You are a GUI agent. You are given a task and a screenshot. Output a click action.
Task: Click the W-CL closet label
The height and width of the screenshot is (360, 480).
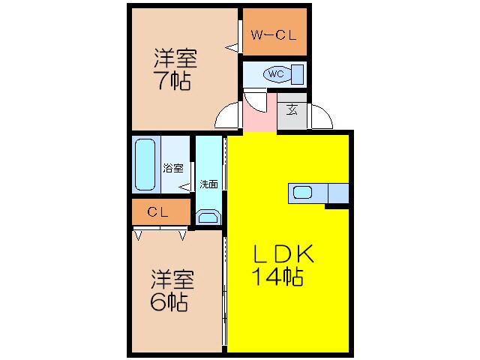tap(274, 34)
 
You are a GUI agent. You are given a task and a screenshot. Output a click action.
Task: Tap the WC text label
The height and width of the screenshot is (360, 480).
tap(275, 73)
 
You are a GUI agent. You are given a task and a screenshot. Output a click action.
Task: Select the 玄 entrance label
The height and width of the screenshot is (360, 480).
tap(292, 110)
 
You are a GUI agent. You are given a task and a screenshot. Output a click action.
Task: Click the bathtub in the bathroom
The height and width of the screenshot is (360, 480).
tap(147, 166)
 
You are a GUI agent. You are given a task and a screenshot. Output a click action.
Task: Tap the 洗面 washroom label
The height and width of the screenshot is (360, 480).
tap(208, 184)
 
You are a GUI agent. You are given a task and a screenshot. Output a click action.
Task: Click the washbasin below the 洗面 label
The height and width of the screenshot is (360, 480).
tap(208, 216)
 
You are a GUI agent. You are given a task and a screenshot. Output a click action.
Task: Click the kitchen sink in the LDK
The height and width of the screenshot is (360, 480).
tap(303, 193)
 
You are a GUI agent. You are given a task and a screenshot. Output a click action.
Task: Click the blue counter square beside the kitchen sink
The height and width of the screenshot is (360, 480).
tap(337, 193)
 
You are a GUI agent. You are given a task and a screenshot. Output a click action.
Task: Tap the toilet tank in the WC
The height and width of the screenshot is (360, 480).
tap(296, 74)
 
